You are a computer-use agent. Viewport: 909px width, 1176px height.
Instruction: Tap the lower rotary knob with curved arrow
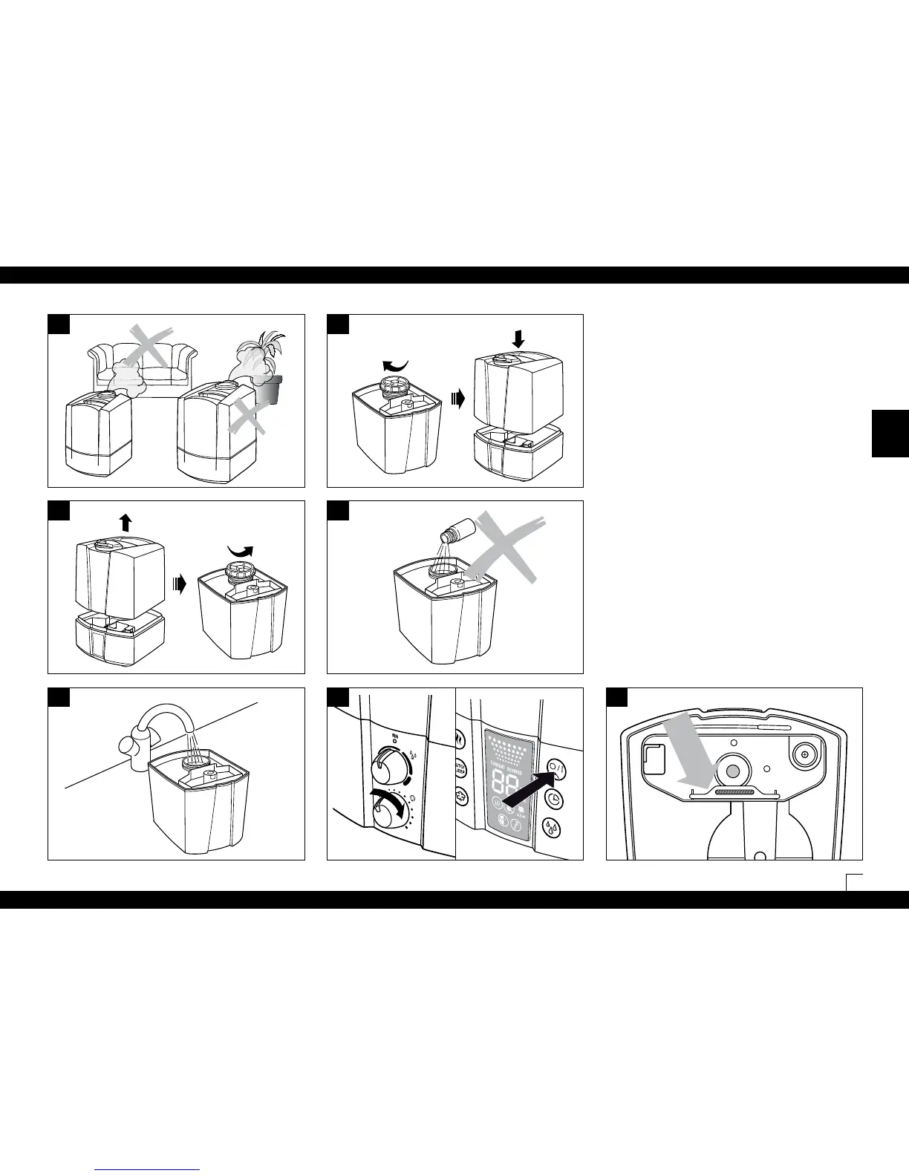point(388,815)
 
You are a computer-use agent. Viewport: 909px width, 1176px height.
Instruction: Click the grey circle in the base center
point(732,772)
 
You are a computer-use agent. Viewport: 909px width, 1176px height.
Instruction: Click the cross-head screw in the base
point(803,756)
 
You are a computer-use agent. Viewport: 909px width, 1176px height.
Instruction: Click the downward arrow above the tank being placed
point(518,337)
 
